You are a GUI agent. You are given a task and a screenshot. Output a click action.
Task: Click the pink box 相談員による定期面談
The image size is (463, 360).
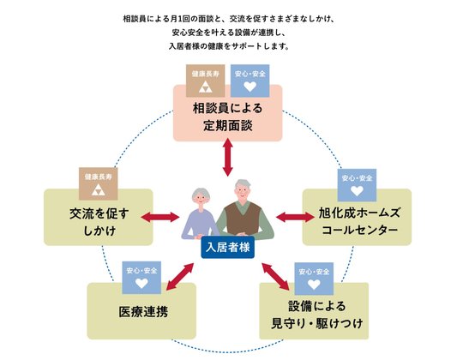tap(228, 119)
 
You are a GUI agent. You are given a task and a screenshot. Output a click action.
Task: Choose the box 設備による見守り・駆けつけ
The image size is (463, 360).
tap(313, 313)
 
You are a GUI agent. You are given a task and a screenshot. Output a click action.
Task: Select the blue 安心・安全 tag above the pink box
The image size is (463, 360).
tap(250, 82)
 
